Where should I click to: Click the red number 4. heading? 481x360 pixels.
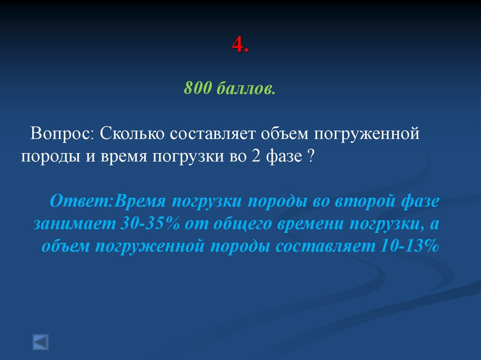[240, 46]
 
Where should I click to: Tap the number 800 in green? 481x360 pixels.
[198, 88]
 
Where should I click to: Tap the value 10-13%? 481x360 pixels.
[407, 246]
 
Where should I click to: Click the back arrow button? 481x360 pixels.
[40, 341]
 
